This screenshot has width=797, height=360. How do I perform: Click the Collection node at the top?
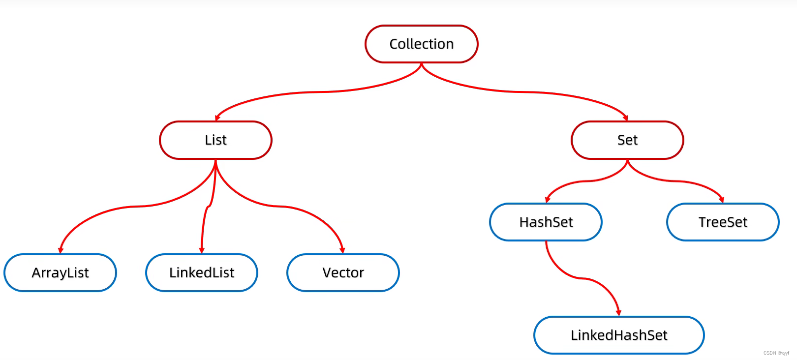coord(421,44)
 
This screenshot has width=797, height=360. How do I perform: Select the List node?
coord(215,140)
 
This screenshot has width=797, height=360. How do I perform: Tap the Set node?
coord(627,140)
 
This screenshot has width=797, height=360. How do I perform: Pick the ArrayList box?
coord(60,272)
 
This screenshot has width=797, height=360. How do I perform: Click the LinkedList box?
coord(202,272)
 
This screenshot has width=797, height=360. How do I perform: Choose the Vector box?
coord(343,272)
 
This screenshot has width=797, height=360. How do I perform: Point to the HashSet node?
coord(546,222)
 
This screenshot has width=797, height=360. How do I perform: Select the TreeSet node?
coord(723,222)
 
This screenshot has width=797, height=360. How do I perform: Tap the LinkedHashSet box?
coord(619,335)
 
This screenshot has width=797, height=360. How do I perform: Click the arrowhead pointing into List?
coord(217,118)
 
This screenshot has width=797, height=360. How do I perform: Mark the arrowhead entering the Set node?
coord(626,118)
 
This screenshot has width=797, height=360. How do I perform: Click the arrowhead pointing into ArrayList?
coord(61,251)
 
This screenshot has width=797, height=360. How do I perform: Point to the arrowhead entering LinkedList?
coord(202,251)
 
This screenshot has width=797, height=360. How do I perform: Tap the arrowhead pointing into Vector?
coord(342,251)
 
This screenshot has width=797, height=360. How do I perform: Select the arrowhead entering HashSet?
coord(547,200)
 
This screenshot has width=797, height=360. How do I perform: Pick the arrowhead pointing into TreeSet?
coord(722,200)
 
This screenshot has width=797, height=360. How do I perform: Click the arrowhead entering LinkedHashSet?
coord(618,313)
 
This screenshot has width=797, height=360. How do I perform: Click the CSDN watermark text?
coord(776,353)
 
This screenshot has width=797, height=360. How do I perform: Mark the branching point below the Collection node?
coord(422,64)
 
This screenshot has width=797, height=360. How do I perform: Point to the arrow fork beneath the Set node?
coord(627,161)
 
